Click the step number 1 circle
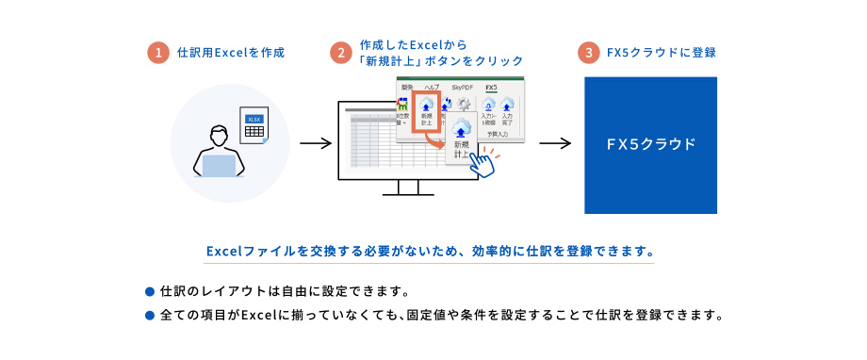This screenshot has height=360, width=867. pos(158,53)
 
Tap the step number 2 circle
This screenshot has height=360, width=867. pos(341,53)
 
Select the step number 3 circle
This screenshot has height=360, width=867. pos(590,53)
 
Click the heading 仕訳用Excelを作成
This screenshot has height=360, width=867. pos(231,53)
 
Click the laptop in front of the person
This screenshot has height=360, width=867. pos(218,167)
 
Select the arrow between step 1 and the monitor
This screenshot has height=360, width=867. pos(315,144)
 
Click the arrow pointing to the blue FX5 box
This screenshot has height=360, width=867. pos(555,144)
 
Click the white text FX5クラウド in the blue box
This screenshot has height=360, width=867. pos(651,144)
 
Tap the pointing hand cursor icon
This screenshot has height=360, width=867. pos(482,163)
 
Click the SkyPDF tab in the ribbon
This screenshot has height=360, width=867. pos(463,87)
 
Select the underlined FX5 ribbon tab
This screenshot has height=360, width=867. pos(490,87)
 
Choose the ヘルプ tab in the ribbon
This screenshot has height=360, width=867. pos(431,87)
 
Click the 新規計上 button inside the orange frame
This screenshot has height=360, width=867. pos(427,112)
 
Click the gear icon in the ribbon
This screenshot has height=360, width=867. pos(463,106)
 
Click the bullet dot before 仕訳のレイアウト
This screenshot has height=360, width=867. pos(149,289)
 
